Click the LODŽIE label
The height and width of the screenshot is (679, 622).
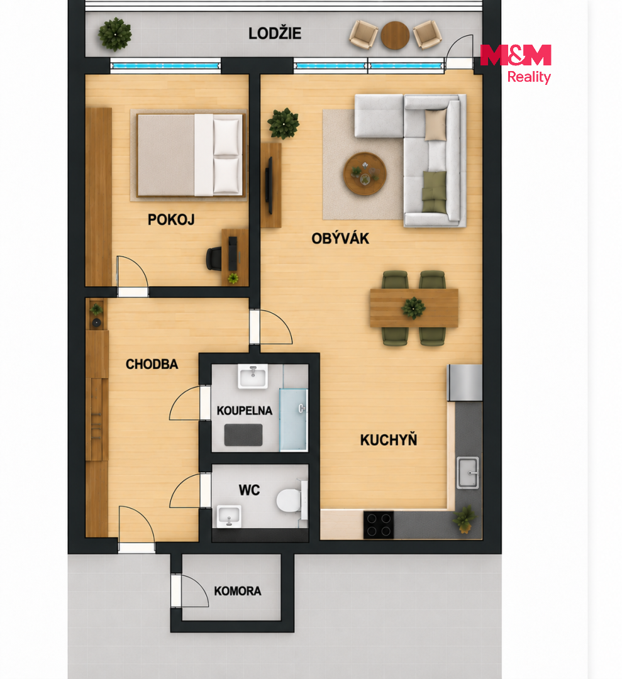point(275,33)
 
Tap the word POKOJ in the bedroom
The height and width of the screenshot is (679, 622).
point(171,219)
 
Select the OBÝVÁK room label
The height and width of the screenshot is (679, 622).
point(340,238)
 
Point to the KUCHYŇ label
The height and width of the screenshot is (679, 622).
point(389,439)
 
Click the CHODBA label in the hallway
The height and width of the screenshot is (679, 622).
point(152,364)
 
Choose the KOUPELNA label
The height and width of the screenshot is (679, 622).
point(245,411)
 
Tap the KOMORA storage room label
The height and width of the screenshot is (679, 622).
point(238,591)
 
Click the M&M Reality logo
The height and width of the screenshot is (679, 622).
point(516,63)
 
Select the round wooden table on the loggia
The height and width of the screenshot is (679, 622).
point(395,35)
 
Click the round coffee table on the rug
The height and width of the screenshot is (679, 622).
point(365,174)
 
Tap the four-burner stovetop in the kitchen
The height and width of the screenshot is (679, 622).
point(379,525)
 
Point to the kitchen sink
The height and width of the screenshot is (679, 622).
point(468,472)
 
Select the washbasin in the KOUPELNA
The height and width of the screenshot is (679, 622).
point(253,376)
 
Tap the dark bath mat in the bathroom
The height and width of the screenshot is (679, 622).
point(243,435)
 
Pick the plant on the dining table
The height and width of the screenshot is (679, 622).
point(413,308)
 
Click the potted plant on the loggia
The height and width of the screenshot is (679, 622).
point(115,34)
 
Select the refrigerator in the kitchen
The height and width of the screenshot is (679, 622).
point(465,383)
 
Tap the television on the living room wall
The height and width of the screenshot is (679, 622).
point(269,185)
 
